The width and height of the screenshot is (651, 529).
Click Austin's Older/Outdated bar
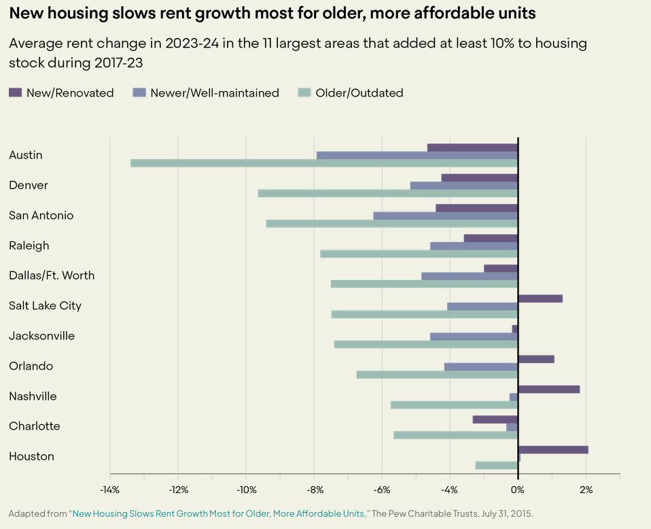(324, 163)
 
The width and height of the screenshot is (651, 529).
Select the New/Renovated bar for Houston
(553, 449)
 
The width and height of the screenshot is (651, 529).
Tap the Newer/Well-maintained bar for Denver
(464, 186)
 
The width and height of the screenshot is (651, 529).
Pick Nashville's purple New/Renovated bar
(549, 389)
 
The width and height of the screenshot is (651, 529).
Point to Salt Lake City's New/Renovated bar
(540, 298)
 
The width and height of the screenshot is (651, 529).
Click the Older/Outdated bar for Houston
(497, 465)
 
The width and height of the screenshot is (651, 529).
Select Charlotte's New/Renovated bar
(495, 420)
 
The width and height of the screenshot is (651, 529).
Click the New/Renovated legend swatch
(16, 92)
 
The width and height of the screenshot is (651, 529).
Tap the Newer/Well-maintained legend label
(215, 93)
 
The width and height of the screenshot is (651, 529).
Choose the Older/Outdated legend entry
(359, 93)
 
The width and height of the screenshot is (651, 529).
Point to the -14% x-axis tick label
(109, 490)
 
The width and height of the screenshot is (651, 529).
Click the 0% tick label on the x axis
(518, 490)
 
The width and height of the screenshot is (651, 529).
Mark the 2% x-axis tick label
(586, 490)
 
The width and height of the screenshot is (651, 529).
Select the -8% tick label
(313, 490)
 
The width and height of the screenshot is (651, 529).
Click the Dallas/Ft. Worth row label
(52, 275)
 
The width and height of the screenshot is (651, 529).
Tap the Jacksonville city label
(41, 336)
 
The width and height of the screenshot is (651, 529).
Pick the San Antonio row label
(41, 216)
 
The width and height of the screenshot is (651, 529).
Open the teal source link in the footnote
(218, 513)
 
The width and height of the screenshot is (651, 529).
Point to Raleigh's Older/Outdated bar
(419, 254)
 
